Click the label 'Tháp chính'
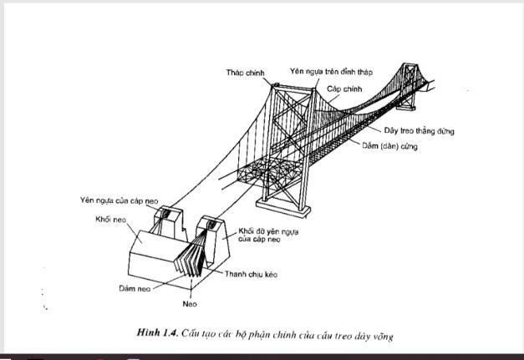click(x=245, y=73)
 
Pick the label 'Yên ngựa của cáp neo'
click(x=117, y=200)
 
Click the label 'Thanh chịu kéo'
click(x=252, y=275)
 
